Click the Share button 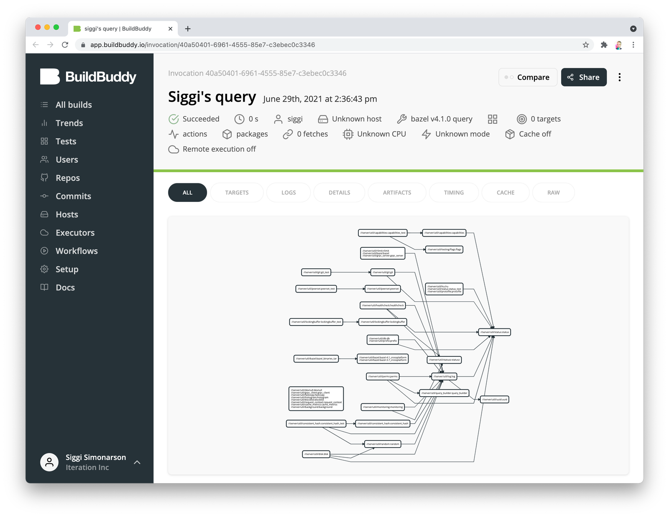[x=583, y=77]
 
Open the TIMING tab [x=454, y=193]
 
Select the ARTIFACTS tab [x=397, y=193]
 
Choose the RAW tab [x=553, y=193]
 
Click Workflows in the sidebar [x=77, y=251]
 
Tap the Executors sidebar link [x=75, y=233]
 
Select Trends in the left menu [x=69, y=123]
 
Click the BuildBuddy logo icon [x=50, y=76]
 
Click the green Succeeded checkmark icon [x=174, y=119]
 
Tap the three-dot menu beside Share [x=619, y=77]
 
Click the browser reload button [x=65, y=45]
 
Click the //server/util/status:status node [x=495, y=332]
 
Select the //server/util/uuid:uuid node [x=495, y=400]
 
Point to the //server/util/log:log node [x=444, y=377]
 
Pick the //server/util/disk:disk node [x=316, y=454]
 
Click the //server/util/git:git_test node [x=316, y=272]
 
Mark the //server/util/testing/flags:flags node [x=444, y=250]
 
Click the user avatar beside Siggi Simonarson [x=49, y=462]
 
